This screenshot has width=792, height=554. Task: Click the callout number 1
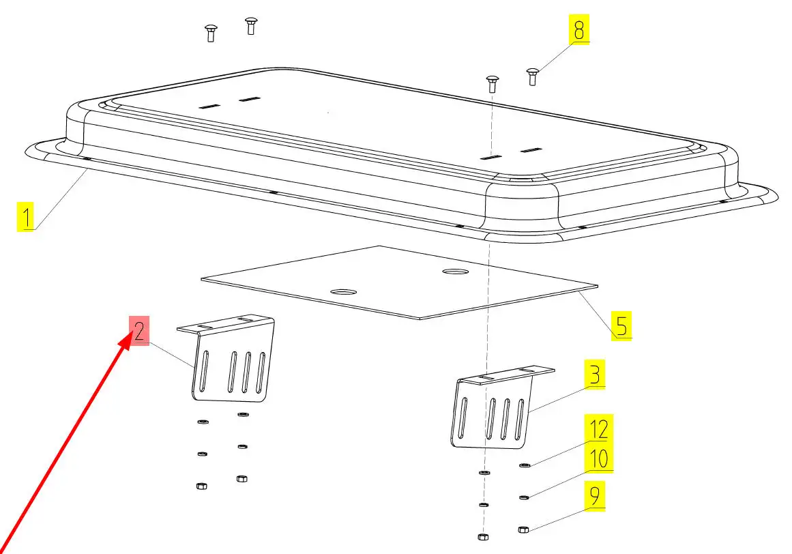click(x=26, y=217)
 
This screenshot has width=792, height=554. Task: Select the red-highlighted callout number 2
click(x=139, y=330)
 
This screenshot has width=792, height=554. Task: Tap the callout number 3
click(x=595, y=374)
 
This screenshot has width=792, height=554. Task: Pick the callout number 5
click(x=621, y=325)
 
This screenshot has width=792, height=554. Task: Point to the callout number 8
click(x=579, y=29)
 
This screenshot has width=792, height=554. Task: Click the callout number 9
click(x=595, y=496)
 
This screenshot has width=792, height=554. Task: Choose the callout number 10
click(x=598, y=458)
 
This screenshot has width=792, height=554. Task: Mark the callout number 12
click(x=598, y=428)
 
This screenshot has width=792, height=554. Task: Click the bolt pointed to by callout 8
click(x=532, y=76)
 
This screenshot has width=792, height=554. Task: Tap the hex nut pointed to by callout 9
click(x=523, y=529)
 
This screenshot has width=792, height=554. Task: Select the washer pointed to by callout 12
click(x=525, y=465)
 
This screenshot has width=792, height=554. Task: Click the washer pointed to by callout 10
click(x=524, y=497)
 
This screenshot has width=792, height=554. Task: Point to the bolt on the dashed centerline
click(x=493, y=84)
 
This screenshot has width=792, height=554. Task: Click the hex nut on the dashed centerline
click(x=483, y=537)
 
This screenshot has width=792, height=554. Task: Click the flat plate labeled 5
click(x=399, y=282)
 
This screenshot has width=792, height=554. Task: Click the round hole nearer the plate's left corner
click(x=343, y=292)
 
